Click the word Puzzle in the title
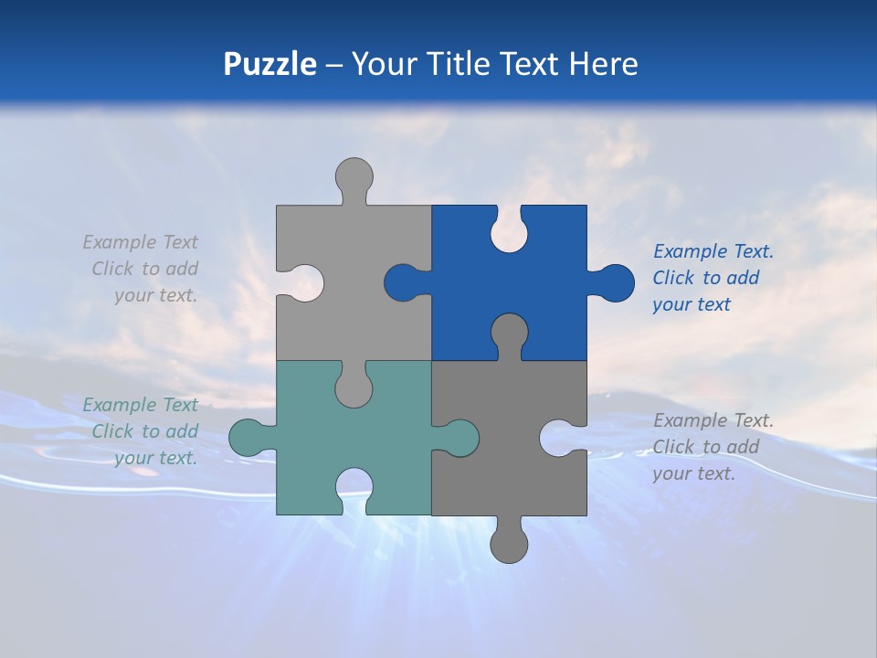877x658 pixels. [269, 64]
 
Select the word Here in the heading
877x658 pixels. [603, 64]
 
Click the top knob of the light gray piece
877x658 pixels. [354, 175]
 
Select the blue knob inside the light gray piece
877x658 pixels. [402, 282]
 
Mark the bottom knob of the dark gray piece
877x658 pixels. [509, 545]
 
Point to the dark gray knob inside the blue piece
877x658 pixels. [509, 331]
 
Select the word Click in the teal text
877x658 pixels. [113, 431]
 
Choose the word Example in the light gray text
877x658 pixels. [120, 242]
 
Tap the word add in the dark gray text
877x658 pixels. [742, 447]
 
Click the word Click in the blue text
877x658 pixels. [674, 278]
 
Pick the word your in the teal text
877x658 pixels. [133, 458]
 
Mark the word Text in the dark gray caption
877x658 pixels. [752, 420]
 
